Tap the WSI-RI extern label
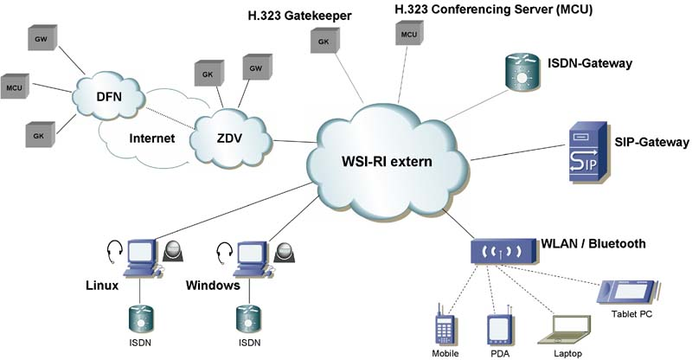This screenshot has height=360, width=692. (386, 162)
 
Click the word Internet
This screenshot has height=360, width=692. (151, 138)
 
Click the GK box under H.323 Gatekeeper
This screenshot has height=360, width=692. (323, 41)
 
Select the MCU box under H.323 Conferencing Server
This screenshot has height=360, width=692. (408, 34)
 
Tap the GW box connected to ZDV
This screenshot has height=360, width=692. (255, 68)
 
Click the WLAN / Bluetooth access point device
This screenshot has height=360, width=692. (503, 250)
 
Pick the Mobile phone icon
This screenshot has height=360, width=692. (445, 329)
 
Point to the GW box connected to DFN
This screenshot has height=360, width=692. (41, 40)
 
